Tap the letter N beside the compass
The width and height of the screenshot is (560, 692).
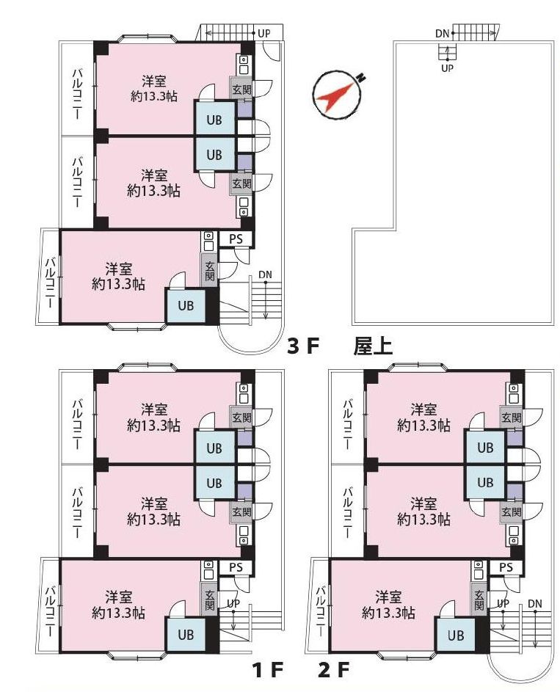click(361, 78)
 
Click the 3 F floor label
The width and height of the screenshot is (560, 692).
click(302, 346)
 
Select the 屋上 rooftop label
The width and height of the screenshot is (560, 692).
click(373, 346)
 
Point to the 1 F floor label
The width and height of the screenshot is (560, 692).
click(267, 671)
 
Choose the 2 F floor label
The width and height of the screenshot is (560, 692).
click(334, 671)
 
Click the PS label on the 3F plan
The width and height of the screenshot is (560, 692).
click(236, 238)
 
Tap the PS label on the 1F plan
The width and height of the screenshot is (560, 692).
click(236, 567)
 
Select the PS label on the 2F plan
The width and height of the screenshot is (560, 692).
click(506, 567)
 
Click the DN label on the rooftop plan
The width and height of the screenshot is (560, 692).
click(442, 34)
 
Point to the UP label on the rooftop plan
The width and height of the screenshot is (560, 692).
click(448, 68)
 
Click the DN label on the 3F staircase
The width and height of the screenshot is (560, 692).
click(265, 275)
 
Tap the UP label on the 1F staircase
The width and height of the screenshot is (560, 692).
click(233, 603)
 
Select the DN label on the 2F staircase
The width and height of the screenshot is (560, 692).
click(535, 603)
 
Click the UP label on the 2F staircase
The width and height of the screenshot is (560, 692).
click(503, 603)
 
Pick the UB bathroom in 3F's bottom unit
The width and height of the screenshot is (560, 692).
click(186, 305)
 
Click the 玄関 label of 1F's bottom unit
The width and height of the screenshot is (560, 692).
click(210, 600)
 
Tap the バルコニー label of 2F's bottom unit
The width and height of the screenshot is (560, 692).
click(322, 611)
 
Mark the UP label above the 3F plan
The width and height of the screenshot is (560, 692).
click(264, 33)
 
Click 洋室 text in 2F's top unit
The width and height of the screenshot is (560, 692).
click(424, 409)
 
